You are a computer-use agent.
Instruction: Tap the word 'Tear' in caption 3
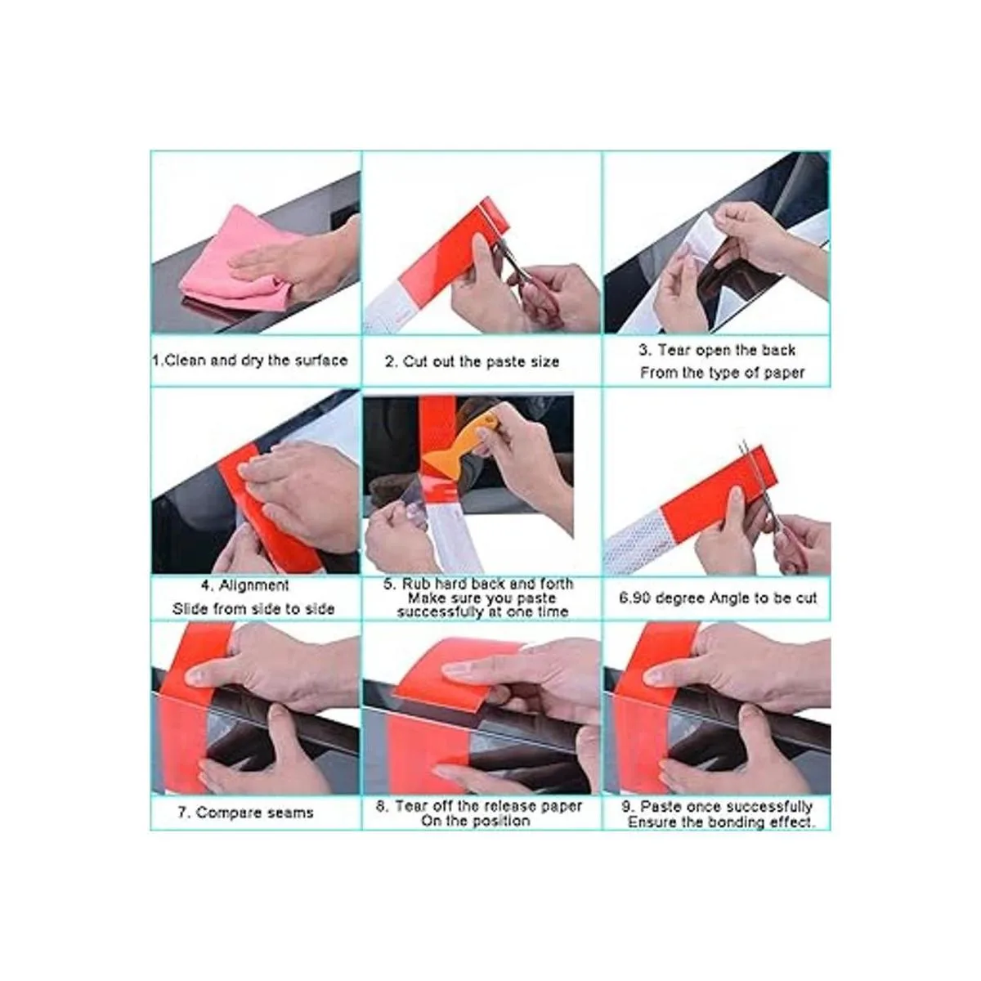click(674, 350)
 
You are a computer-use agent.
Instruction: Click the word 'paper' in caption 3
click(783, 373)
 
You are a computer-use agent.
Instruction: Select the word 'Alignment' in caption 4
click(253, 585)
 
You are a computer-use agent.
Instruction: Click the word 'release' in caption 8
click(512, 806)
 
